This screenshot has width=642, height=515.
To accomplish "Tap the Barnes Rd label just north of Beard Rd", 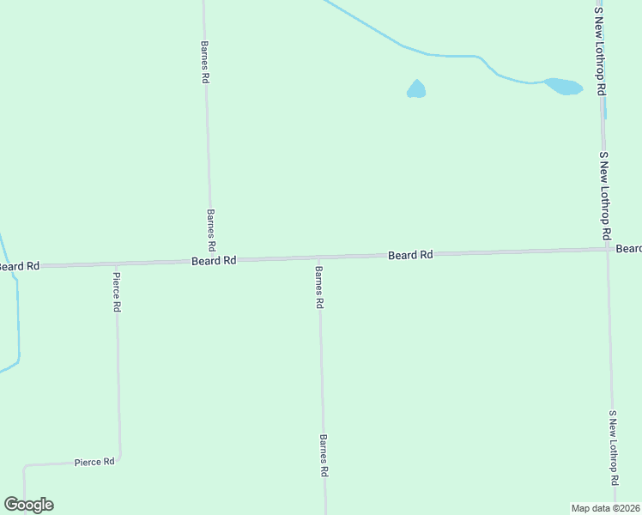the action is (211, 229).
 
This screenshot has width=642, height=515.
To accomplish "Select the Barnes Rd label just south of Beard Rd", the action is (318, 288).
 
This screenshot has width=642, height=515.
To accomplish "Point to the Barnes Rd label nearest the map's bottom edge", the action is (324, 455).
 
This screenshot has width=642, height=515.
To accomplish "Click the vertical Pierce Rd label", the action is (117, 293).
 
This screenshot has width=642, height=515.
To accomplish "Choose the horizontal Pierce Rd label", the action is (94, 462).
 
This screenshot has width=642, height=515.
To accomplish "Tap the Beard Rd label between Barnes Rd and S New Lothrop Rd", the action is (410, 255).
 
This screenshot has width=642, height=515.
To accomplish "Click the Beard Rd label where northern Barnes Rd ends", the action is (214, 260).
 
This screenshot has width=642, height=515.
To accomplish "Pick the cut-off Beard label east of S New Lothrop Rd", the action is (629, 249).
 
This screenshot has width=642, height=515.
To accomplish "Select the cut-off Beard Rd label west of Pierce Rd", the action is (19, 267).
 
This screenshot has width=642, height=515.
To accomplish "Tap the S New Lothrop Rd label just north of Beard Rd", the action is (604, 196).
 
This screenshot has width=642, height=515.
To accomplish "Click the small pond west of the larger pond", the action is (415, 89).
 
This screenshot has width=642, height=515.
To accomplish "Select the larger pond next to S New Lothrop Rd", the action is (564, 87).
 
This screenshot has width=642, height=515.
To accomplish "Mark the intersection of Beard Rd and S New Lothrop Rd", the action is (607, 249).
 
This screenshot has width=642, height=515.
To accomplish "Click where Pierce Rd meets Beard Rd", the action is (116, 264).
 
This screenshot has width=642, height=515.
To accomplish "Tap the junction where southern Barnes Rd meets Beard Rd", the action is (319, 257).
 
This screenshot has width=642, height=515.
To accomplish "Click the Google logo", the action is (28, 505).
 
